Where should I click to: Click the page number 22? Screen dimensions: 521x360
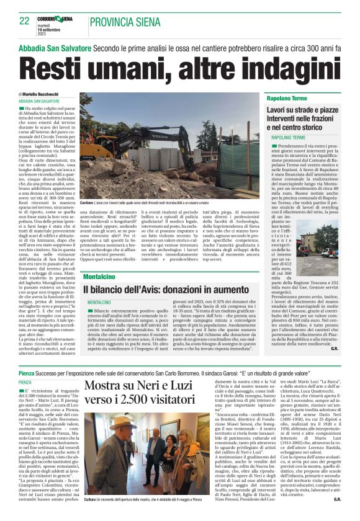pyautogui.click(x=24, y=20)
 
